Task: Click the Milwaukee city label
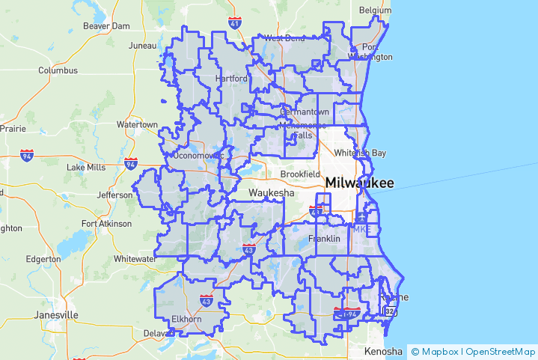pyautogui.click(x=359, y=183)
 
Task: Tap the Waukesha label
pyautogui.click(x=272, y=192)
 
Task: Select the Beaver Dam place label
pyautogui.click(x=106, y=25)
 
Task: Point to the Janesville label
pyautogui.click(x=55, y=315)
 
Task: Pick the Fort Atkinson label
pyautogui.click(x=106, y=223)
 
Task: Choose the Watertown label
pyautogui.click(x=137, y=124)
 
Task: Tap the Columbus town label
pyautogui.click(x=58, y=70)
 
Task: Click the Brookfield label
pyautogui.click(x=299, y=174)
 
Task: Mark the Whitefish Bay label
pyautogui.click(x=361, y=153)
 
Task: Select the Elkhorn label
pyautogui.click(x=187, y=319)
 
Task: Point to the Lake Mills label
pyautogui.click(x=86, y=168)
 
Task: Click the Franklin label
pyautogui.click(x=324, y=239)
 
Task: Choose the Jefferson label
pyautogui.click(x=114, y=195)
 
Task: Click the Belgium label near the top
pyautogui.click(x=375, y=10)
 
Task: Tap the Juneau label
pyautogui.click(x=142, y=46)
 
